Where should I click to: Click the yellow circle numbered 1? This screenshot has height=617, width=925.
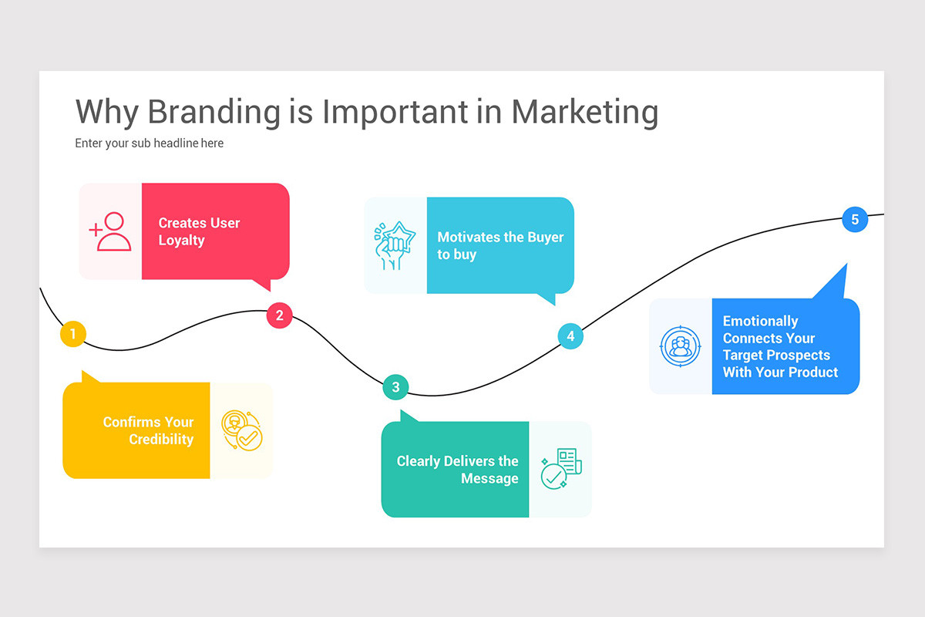point(72,334)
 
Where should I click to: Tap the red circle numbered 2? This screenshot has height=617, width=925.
point(279,315)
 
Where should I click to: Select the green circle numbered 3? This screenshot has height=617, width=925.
point(395,386)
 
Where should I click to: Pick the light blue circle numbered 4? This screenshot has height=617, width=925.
point(570,335)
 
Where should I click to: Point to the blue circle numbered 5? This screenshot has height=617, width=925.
point(854,219)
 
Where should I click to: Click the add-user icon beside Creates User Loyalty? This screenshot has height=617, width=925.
point(110,231)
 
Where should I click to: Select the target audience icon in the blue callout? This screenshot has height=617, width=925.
point(680,346)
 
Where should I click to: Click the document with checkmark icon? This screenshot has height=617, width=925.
point(561,469)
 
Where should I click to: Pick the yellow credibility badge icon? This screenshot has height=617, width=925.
point(240,430)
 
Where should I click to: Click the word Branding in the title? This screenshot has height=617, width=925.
point(214,112)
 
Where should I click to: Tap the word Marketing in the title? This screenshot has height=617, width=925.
point(584,112)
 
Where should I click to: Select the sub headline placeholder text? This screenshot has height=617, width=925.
point(149,143)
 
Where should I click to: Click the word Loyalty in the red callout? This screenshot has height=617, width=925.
point(181,241)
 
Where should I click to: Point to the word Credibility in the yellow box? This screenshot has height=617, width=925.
point(161,440)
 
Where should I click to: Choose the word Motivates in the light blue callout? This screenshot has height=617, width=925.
point(469,238)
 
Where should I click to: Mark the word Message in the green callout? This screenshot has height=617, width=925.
point(489,479)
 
